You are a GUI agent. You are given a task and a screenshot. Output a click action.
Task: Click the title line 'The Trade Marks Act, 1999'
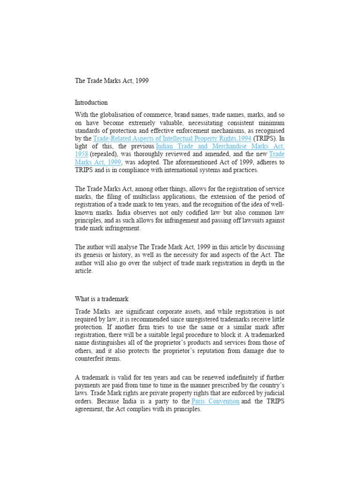coord(112,81)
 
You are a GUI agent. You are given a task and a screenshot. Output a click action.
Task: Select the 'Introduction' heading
coord(91,102)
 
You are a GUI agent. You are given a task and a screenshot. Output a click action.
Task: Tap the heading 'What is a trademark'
coord(101,299)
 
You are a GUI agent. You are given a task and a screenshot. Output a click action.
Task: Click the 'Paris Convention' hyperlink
coord(216,401)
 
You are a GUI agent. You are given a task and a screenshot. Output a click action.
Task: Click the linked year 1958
coord(82,154)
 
